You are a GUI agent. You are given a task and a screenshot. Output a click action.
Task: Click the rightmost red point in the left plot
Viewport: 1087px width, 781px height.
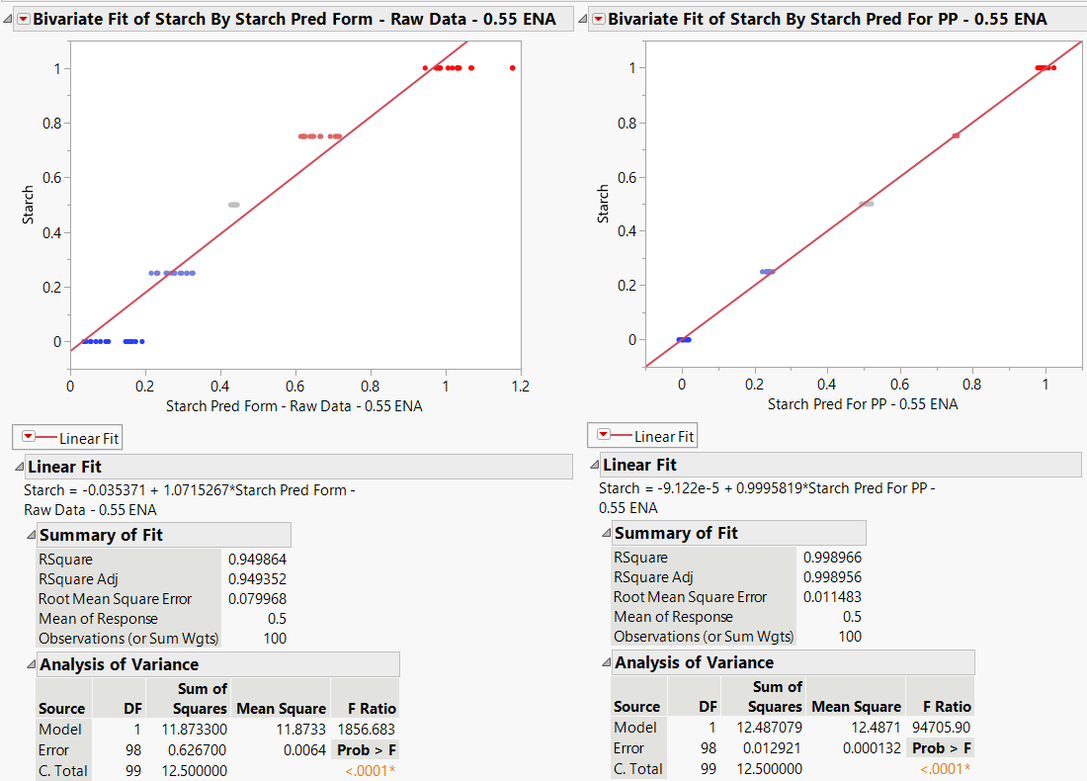point(512,68)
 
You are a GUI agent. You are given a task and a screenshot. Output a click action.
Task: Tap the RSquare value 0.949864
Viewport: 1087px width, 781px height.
point(257,560)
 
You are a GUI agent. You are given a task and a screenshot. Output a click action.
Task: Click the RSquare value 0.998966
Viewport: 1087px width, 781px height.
point(832,558)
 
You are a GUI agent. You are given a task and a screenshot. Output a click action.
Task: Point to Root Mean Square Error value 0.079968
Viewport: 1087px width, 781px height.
point(257,599)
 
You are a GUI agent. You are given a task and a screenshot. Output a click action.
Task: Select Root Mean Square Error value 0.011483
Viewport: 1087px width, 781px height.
point(832,597)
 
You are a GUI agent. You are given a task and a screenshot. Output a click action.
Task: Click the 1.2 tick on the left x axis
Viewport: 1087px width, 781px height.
point(520,386)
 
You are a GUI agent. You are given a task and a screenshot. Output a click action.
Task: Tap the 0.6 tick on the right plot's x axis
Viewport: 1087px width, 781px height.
point(899,384)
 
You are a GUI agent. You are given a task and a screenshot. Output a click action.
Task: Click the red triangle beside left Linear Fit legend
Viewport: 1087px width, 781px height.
point(28,437)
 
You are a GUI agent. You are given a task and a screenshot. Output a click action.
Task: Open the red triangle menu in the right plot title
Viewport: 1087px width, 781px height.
point(599,19)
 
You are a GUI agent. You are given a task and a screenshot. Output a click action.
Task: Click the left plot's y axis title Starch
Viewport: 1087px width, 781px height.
point(28,205)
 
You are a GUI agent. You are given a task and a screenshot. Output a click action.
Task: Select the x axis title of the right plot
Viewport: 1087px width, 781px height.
point(862,403)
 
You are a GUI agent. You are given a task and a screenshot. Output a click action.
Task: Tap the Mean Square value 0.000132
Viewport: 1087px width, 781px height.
point(872,748)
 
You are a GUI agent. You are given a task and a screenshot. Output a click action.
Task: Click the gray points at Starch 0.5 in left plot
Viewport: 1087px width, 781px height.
point(233,205)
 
